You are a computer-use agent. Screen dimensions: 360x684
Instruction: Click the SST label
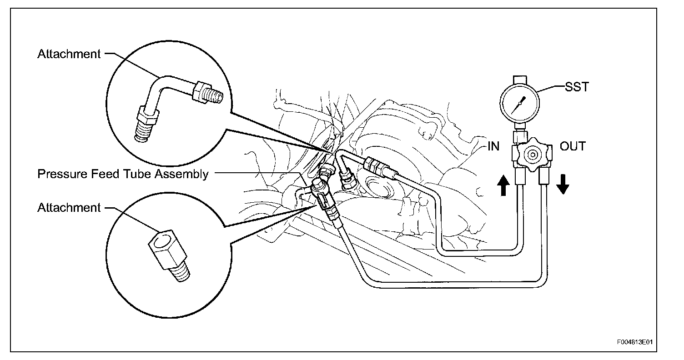coord(576,86)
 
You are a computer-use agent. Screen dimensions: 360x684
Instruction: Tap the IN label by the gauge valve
coord(493,146)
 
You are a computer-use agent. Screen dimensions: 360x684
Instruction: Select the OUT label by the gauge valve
coord(573,146)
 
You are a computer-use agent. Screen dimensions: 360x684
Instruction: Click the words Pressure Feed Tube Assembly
coord(123,173)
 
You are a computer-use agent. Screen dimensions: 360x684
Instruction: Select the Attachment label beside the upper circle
coord(69,54)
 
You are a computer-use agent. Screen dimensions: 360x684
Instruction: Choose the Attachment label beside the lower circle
coord(69,208)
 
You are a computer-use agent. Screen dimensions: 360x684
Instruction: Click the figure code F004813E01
coord(637,342)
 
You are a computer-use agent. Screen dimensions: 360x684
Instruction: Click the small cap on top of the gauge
coord(519,82)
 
